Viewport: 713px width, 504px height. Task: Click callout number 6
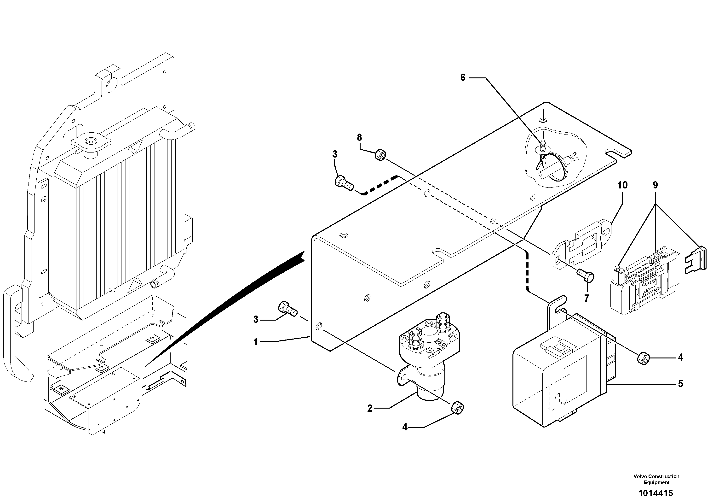(463, 78)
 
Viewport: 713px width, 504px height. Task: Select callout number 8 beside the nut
(359, 137)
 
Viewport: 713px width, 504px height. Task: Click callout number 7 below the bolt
(586, 298)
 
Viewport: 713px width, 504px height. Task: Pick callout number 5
(680, 384)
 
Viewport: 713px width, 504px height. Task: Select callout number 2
(369, 408)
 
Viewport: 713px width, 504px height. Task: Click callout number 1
(256, 342)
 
